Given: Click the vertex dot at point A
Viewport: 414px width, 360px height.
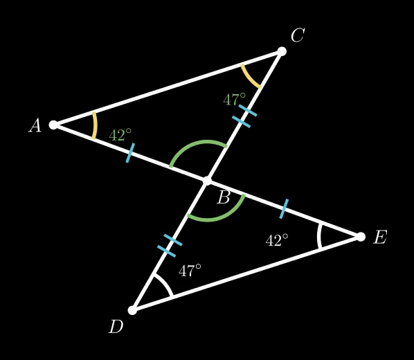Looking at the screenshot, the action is pyautogui.click(x=53, y=125).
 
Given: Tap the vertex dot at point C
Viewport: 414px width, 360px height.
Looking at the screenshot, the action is pyautogui.click(x=282, y=51).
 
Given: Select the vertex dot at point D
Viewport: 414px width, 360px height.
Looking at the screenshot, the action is pyautogui.click(x=132, y=310).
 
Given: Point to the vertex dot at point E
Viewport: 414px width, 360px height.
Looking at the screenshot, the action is pyautogui.click(x=361, y=237).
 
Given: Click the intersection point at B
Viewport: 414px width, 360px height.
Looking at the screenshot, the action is pyautogui.click(x=207, y=181).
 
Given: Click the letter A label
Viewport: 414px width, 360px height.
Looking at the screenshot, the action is pyautogui.click(x=35, y=125).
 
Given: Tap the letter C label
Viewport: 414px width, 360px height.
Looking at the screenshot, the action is pyautogui.click(x=298, y=35).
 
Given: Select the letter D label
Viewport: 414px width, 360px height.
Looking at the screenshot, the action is pyautogui.click(x=116, y=327).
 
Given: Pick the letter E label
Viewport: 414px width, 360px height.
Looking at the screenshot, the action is pyautogui.click(x=380, y=237).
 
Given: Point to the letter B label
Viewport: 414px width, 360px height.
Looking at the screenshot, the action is pyautogui.click(x=224, y=197).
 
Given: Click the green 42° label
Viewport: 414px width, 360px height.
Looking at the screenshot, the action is pyautogui.click(x=120, y=134).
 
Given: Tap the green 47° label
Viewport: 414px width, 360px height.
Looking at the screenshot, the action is pyautogui.click(x=235, y=99).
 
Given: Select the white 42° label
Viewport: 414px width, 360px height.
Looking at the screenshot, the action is pyautogui.click(x=277, y=240).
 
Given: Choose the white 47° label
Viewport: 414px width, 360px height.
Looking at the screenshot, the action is pyautogui.click(x=190, y=270).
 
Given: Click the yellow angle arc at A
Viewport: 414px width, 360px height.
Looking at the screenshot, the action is pyautogui.click(x=95, y=125).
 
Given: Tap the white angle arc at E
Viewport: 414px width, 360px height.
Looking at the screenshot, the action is pyautogui.click(x=319, y=236).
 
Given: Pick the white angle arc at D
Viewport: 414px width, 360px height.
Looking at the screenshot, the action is pyautogui.click(x=165, y=283).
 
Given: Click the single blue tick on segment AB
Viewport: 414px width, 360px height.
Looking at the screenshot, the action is pyautogui.click(x=130, y=153).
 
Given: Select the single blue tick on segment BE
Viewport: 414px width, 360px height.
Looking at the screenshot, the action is pyautogui.click(x=284, y=208).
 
